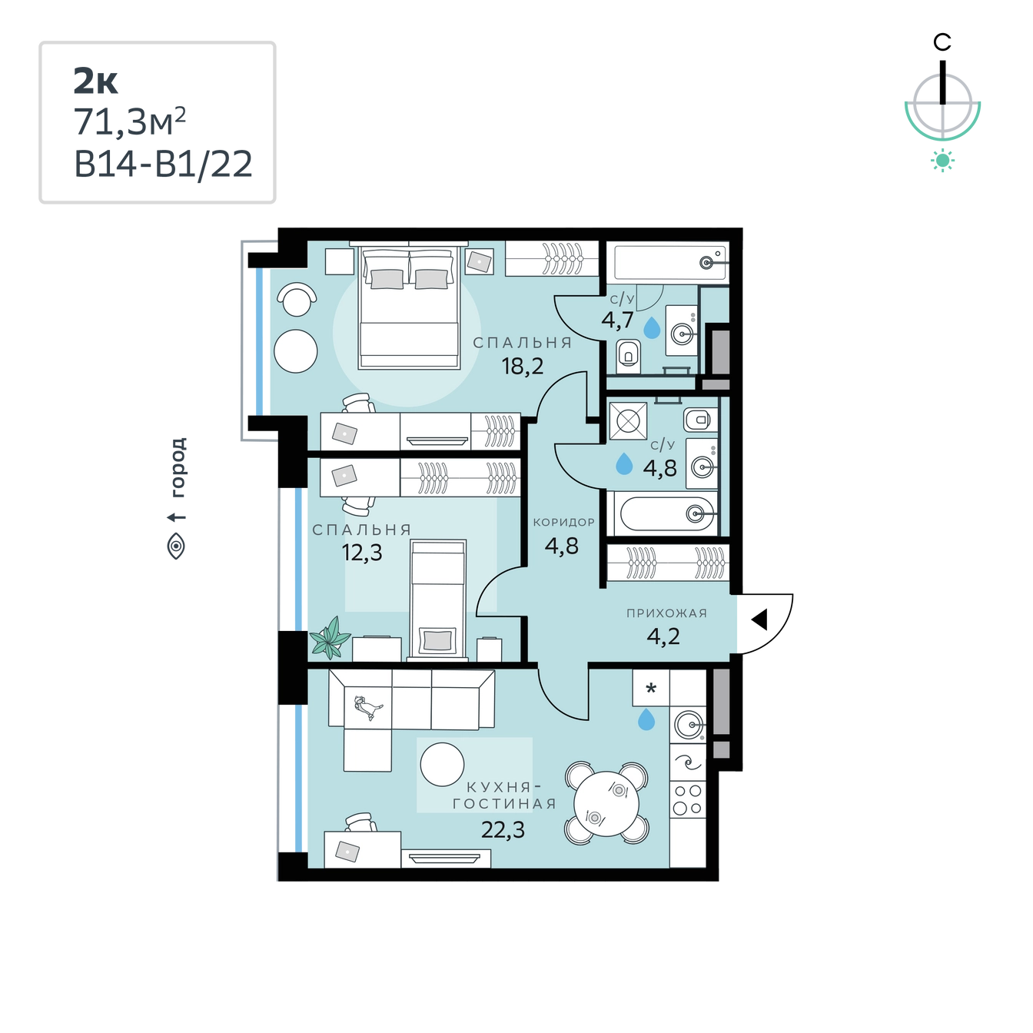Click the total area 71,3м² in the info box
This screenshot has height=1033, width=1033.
130,122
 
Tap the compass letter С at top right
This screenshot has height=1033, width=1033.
942,42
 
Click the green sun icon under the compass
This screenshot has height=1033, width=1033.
942,161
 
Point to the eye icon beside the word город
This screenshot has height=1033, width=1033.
176,546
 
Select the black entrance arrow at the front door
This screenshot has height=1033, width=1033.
759,619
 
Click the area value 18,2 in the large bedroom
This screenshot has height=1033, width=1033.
522,366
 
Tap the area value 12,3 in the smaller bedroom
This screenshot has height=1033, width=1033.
362,552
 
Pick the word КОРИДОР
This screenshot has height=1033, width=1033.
563,522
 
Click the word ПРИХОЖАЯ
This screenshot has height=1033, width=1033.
667,613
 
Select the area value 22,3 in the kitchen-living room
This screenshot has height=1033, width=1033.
503,830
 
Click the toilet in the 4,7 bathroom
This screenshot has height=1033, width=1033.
628,356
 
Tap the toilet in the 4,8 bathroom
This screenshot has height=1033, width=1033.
700,420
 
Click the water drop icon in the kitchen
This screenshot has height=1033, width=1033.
646,719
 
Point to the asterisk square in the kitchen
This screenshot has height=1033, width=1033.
651,688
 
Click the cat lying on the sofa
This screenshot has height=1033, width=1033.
368,708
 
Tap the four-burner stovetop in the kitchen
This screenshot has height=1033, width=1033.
687,799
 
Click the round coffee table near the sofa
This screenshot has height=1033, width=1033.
442,765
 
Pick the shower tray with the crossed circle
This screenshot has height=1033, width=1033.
628,421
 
